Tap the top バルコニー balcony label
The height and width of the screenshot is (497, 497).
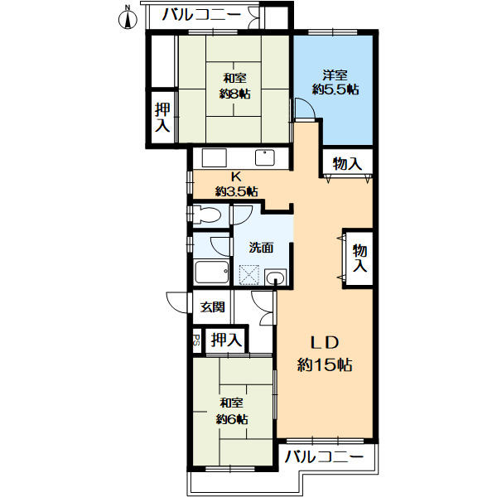tap(201, 14)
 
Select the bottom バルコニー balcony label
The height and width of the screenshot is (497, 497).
tap(324, 456)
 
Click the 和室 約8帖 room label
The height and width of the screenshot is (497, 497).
tap(234, 85)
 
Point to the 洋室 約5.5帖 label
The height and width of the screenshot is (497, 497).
tap(335, 81)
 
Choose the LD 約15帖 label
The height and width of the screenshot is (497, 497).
tap(326, 353)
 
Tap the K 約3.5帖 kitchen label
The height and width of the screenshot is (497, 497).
tap(235, 183)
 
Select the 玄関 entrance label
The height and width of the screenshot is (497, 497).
tap(213, 306)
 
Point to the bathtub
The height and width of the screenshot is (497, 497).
tap(213, 273)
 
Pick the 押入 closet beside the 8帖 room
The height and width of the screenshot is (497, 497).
tap(162, 117)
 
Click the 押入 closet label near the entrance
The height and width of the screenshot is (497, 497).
tap(225, 339)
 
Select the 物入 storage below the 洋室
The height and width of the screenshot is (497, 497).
tap(347, 163)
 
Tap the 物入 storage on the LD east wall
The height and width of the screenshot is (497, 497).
tap(359, 257)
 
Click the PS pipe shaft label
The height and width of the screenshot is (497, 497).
tap(196, 339)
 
